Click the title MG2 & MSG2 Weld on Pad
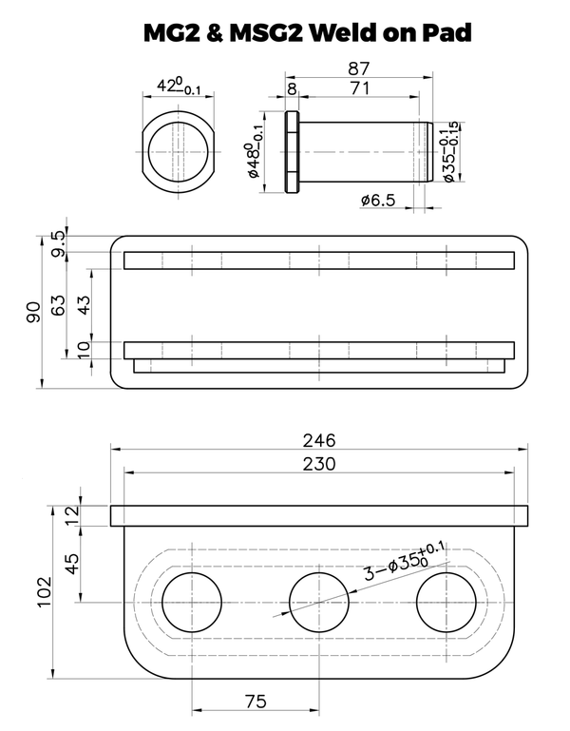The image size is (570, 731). pos(307,32)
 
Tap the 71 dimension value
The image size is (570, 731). pos(359,88)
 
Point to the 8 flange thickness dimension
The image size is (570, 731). pos(291,88)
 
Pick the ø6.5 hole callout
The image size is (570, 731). pos(378,200)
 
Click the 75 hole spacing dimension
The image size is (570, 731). pos(255,701)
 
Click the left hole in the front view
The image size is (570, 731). pos(191,603)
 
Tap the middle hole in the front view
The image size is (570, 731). pos(318,603)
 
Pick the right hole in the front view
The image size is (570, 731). pos(446,603)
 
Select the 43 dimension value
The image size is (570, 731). pos(83,304)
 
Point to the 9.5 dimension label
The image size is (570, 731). pos(60,243)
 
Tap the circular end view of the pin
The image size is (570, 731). pos(178,154)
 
